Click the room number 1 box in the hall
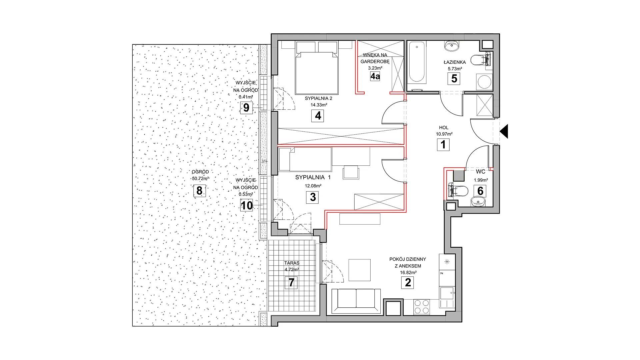click(443, 145)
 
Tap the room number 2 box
click(407, 283)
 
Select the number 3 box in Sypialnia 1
click(313, 197)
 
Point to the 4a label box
click(375, 77)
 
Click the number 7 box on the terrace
click(291, 283)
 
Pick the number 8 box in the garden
click(199, 191)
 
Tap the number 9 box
click(246, 108)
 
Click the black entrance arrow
click(504, 131)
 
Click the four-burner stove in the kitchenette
click(421, 306)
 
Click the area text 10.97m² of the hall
click(444, 134)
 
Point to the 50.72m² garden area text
click(200, 178)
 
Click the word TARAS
click(292, 263)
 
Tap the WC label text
click(480, 172)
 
